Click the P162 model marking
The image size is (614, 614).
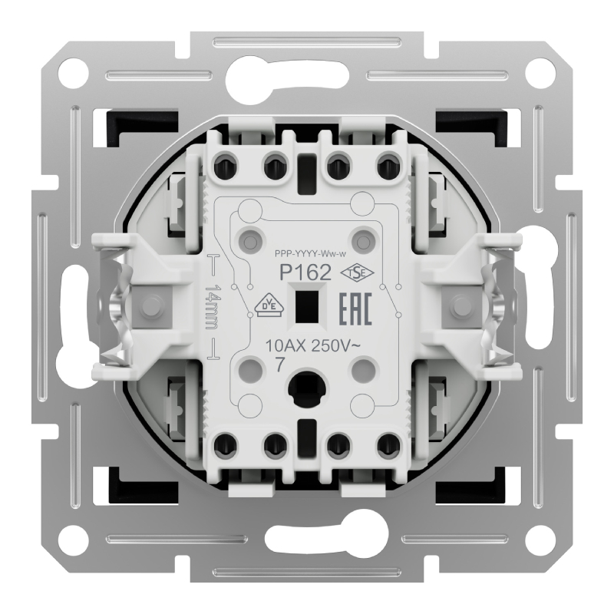coord(305,272)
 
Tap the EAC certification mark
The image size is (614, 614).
coord(355,309)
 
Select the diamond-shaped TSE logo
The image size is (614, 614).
coord(357,273)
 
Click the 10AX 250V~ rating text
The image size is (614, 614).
coord(312,346)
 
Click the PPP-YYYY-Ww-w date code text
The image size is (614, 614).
coord(311,255)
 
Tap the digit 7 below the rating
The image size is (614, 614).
coord(279,365)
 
